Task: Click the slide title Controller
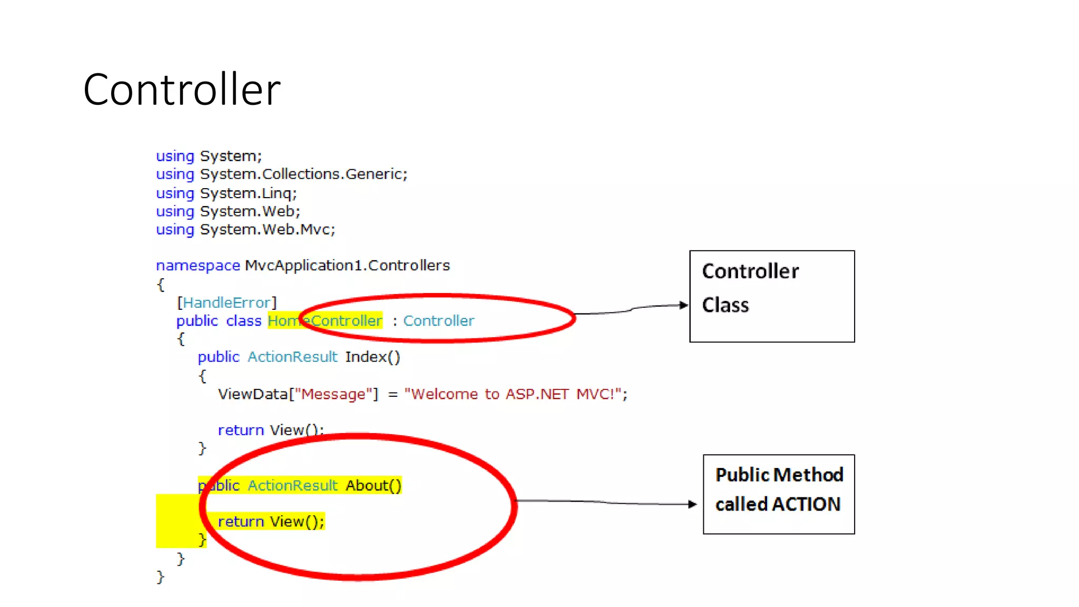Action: click(x=182, y=90)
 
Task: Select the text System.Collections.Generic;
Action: click(x=303, y=174)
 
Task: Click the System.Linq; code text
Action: click(x=248, y=193)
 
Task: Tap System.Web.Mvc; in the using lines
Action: click(x=267, y=230)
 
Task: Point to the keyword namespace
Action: click(x=198, y=266)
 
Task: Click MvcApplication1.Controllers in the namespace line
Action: click(x=347, y=266)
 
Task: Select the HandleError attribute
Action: click(x=227, y=303)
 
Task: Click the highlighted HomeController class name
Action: click(x=325, y=321)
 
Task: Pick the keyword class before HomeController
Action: click(x=243, y=321)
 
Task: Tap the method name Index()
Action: click(x=372, y=357)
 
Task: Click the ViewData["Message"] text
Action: click(x=298, y=394)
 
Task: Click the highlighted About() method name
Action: click(x=373, y=485)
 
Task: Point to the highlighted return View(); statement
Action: click(x=271, y=522)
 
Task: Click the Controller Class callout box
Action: click(x=772, y=296)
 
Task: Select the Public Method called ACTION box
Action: click(x=779, y=494)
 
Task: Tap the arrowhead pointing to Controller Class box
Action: click(x=684, y=305)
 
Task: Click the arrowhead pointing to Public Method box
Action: click(x=693, y=504)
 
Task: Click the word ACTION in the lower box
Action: click(x=806, y=505)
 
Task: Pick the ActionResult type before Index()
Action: click(x=292, y=357)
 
